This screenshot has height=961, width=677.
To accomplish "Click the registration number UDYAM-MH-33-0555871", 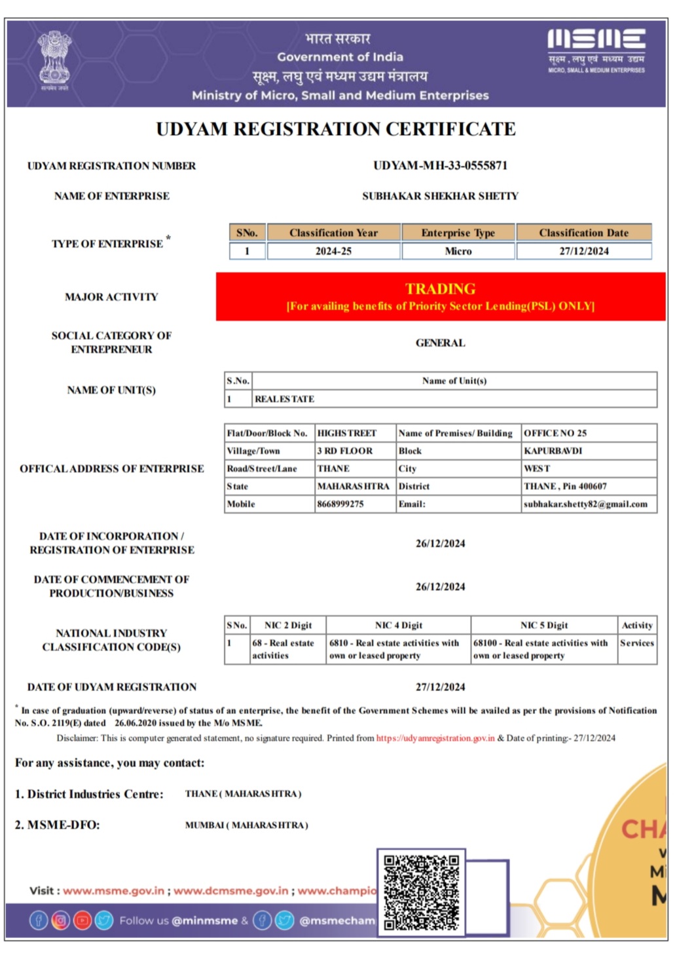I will click(440, 166).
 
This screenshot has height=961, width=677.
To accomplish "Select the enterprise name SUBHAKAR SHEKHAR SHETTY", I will click(440, 196).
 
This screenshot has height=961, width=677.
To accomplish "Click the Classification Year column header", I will click(333, 233).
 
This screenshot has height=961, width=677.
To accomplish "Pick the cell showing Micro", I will click(458, 252).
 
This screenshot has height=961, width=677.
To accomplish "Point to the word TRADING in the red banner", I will click(440, 289).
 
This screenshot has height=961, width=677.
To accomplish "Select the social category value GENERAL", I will click(440, 343).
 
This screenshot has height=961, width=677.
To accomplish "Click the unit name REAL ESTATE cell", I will click(285, 399).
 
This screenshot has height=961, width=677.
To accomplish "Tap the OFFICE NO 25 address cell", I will click(555, 433).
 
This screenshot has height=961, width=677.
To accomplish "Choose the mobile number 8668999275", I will click(340, 504).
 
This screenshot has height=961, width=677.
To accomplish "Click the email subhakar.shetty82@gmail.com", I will click(585, 504).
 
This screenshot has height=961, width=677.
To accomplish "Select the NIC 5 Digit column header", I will click(544, 626).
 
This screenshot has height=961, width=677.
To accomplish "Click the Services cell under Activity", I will click(636, 643).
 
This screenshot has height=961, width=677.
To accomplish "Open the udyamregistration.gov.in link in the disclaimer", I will click(435, 738).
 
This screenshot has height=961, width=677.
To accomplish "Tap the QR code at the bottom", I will click(421, 892).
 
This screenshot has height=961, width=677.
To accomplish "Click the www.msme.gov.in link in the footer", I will click(114, 891).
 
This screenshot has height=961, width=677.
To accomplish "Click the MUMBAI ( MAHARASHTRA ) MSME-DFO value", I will click(246, 825).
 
